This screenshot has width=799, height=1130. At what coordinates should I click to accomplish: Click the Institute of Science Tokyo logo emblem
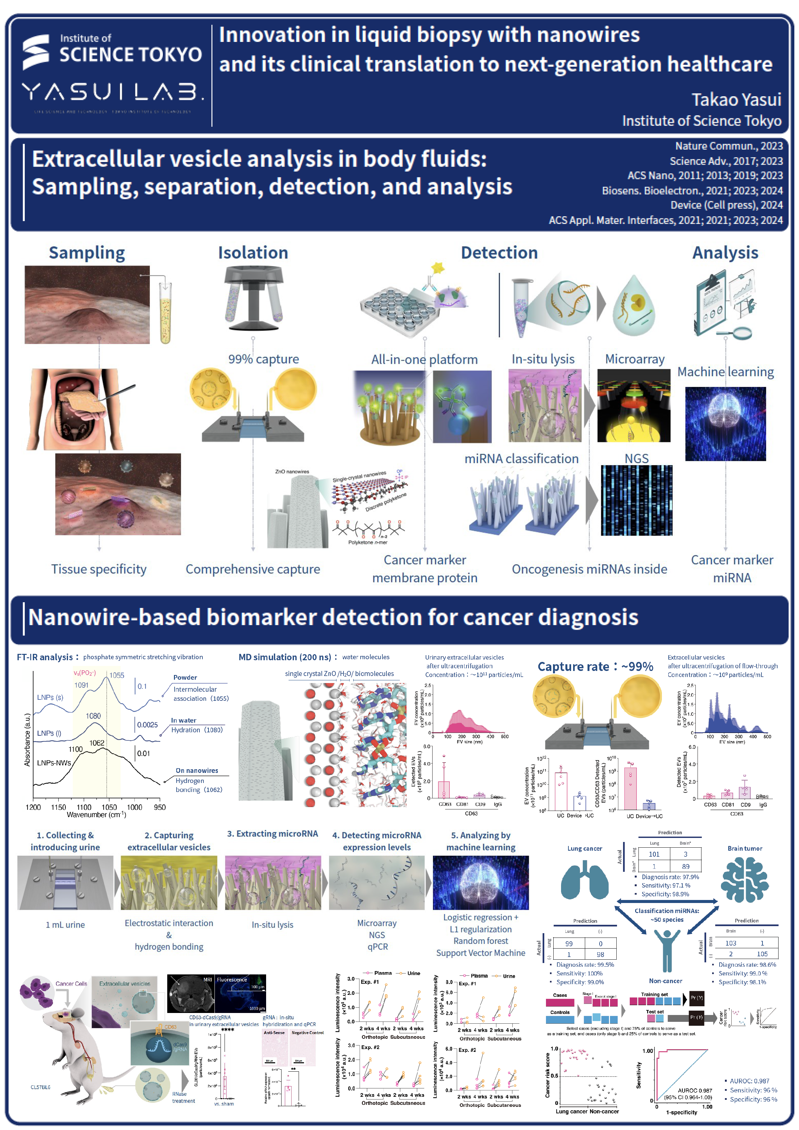(36, 51)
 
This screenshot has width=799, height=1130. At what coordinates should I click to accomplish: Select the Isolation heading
(253, 253)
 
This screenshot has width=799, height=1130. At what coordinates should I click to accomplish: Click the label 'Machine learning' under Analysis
(725, 372)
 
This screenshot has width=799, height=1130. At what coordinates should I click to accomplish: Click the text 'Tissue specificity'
(99, 569)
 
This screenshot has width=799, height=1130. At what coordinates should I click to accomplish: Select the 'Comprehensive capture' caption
(253, 569)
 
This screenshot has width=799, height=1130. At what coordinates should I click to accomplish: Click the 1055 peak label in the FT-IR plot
(117, 675)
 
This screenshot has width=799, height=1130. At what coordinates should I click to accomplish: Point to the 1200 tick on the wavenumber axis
(34, 807)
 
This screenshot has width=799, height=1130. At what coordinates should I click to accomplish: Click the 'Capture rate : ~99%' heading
(595, 667)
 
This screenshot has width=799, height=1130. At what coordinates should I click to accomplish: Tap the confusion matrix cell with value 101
(654, 854)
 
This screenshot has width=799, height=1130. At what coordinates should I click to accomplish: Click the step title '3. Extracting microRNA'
(272, 834)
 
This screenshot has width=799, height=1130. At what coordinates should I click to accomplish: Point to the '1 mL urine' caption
(65, 925)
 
